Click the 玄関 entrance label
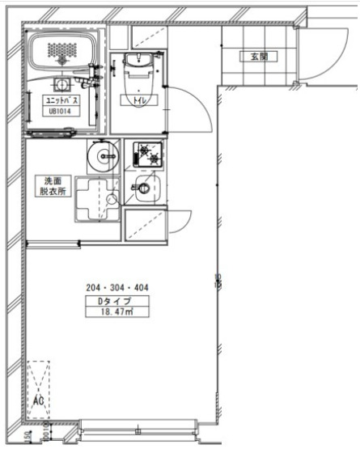click(258, 57)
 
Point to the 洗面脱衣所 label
click(53, 186)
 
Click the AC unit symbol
click(38, 388)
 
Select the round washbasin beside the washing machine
click(103, 155)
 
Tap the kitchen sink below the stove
click(146, 191)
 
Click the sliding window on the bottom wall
click(140, 429)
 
